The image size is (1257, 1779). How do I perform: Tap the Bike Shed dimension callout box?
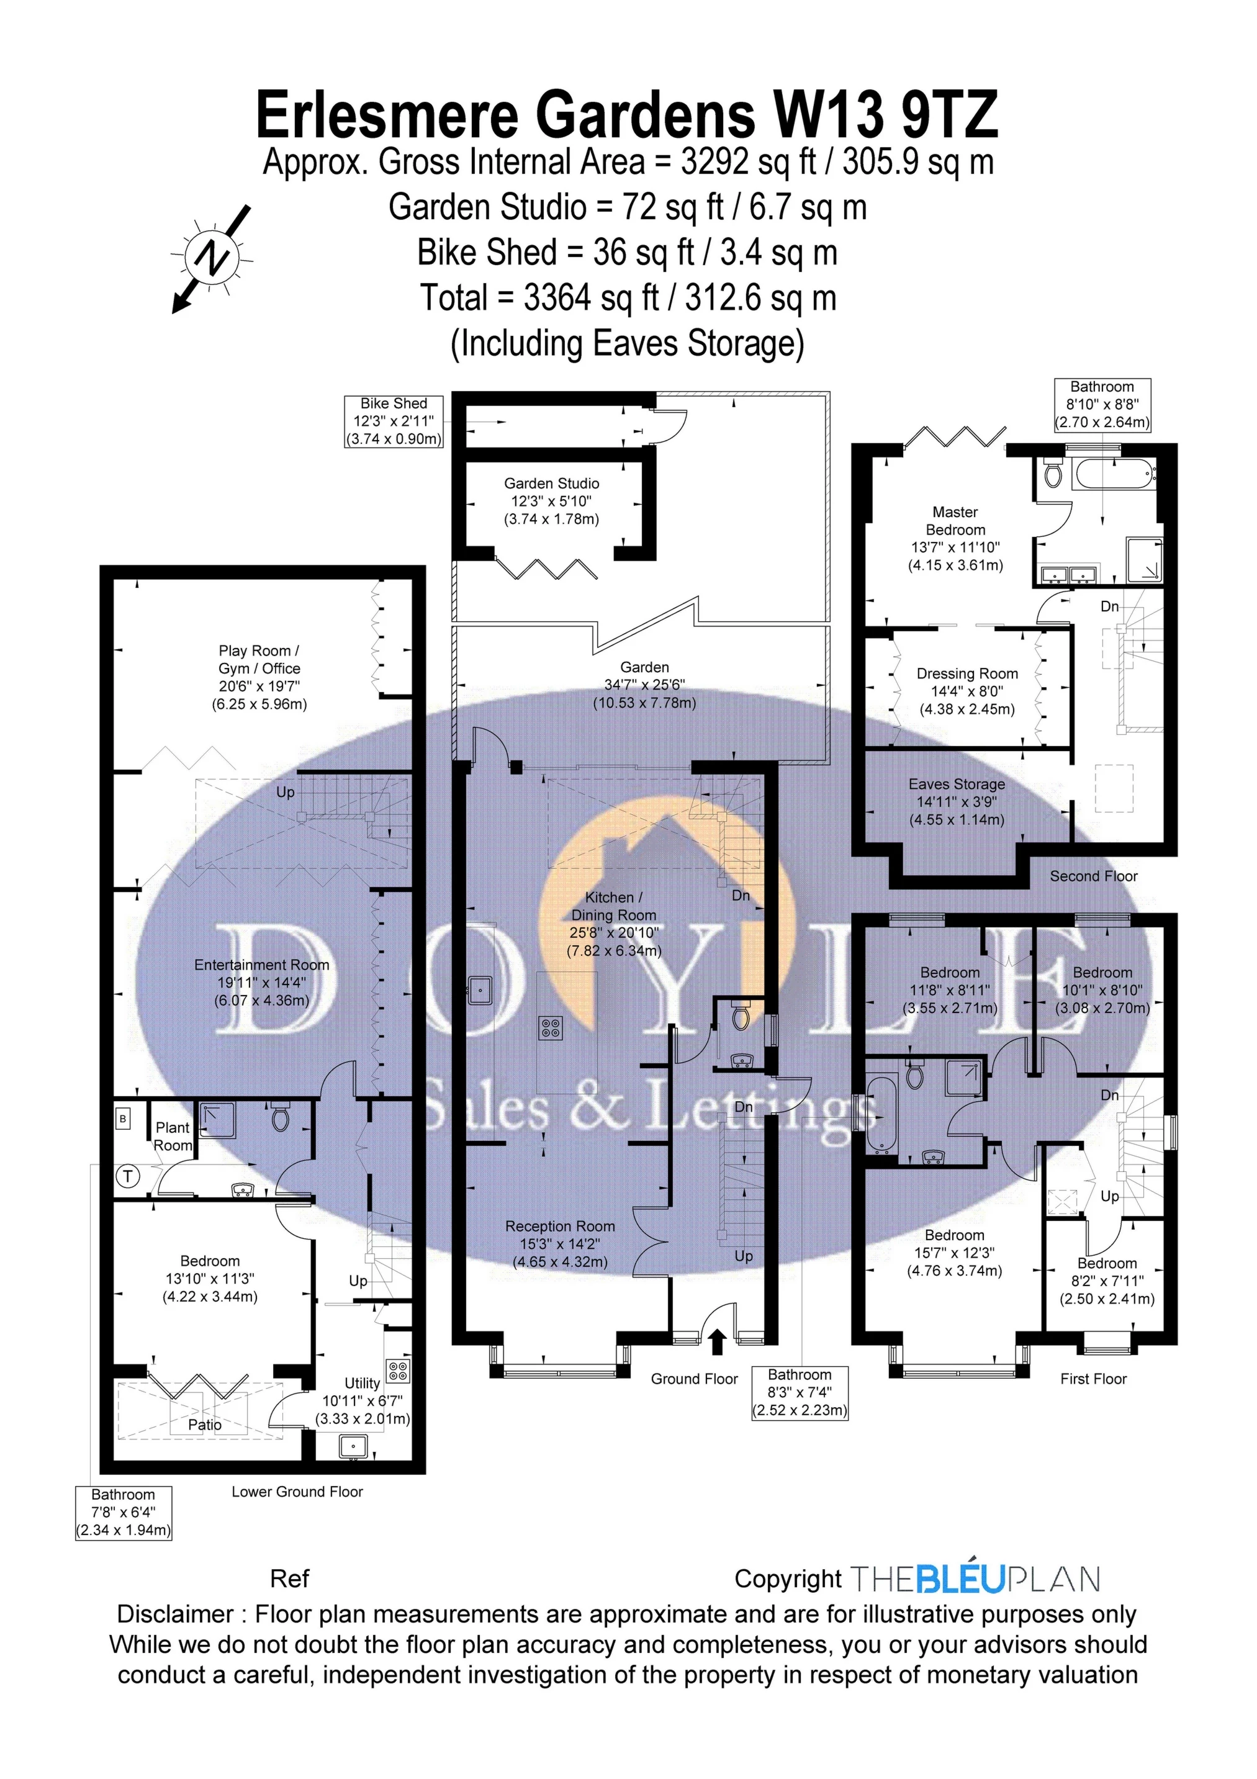point(394,421)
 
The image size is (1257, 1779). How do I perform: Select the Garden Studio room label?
point(552,502)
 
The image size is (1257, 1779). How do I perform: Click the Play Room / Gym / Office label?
point(259,677)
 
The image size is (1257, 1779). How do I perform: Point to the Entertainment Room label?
point(262,983)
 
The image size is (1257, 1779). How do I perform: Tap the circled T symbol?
point(128,1177)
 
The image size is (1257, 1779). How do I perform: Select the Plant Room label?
point(173,1137)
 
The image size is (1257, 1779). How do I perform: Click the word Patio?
point(205,1425)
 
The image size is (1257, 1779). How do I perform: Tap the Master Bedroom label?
point(955,539)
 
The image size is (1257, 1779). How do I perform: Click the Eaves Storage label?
point(957,801)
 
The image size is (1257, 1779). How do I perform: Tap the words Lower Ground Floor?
point(297,1492)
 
